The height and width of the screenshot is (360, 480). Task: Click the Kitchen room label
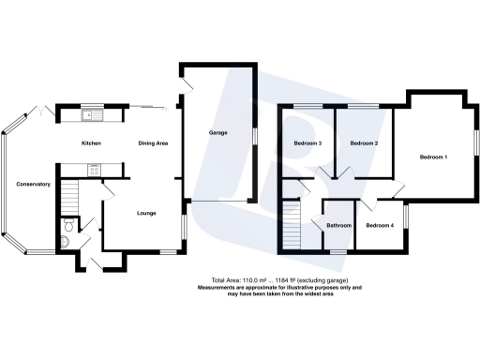coord(91,143)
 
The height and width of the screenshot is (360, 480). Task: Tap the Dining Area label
coord(153,143)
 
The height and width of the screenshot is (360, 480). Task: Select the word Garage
coord(218,133)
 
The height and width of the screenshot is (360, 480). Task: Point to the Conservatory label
coord(33,185)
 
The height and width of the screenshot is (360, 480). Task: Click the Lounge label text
coord(145,214)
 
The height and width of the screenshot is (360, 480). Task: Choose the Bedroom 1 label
coord(433,157)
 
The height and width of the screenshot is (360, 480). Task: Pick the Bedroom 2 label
coord(364,143)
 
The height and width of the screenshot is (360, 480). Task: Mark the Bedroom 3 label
coord(307,143)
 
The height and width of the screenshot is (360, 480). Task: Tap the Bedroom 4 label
coord(380,226)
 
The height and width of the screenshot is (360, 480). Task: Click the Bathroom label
coord(338,226)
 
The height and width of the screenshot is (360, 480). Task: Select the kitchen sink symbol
coord(91,116)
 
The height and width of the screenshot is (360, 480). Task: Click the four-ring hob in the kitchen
coord(94,170)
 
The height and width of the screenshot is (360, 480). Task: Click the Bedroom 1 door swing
coord(398,190)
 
